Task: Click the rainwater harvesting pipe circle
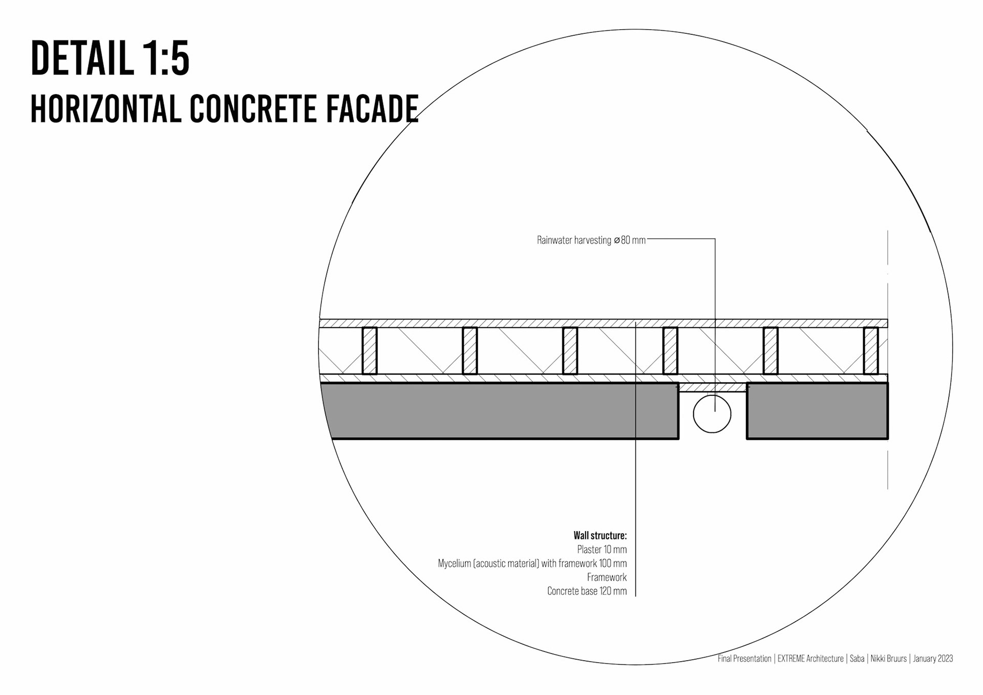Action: pos(712,414)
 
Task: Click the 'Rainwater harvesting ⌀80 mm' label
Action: pos(591,240)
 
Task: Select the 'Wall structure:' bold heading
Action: pos(600,536)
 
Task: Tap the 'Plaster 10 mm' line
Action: pos(602,550)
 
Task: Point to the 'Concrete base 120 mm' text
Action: pos(587,591)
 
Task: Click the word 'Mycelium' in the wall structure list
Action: pos(454,563)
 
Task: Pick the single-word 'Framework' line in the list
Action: pos(607,577)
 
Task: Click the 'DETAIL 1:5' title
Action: pos(110,59)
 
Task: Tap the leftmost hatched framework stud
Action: pos(370,351)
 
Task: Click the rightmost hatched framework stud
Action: pos(871,351)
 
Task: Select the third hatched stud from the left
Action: pos(570,351)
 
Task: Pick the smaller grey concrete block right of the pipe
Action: pos(817,411)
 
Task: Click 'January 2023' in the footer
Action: pos(933,659)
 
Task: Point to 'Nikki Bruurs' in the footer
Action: pos(888,659)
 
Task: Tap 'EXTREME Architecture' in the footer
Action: pos(810,659)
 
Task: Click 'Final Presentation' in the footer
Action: pos(744,659)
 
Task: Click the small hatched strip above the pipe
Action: pos(712,387)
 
